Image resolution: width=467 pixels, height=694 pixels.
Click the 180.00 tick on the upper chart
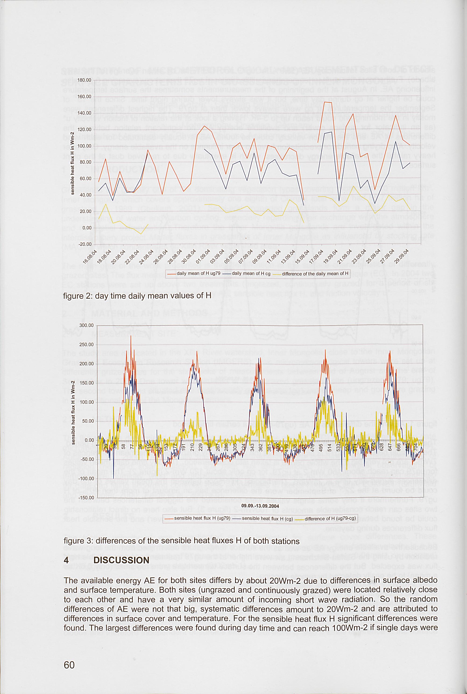coord(85,80)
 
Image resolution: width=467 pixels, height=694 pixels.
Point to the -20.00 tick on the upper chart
coord(85,244)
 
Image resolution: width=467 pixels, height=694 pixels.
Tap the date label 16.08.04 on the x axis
coord(90,257)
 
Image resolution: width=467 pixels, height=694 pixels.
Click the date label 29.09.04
coord(401,257)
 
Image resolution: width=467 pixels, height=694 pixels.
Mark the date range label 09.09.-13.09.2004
coord(260,506)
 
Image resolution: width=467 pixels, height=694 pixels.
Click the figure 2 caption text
coord(137,296)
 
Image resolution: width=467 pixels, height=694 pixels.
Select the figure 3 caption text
coord(181,541)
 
